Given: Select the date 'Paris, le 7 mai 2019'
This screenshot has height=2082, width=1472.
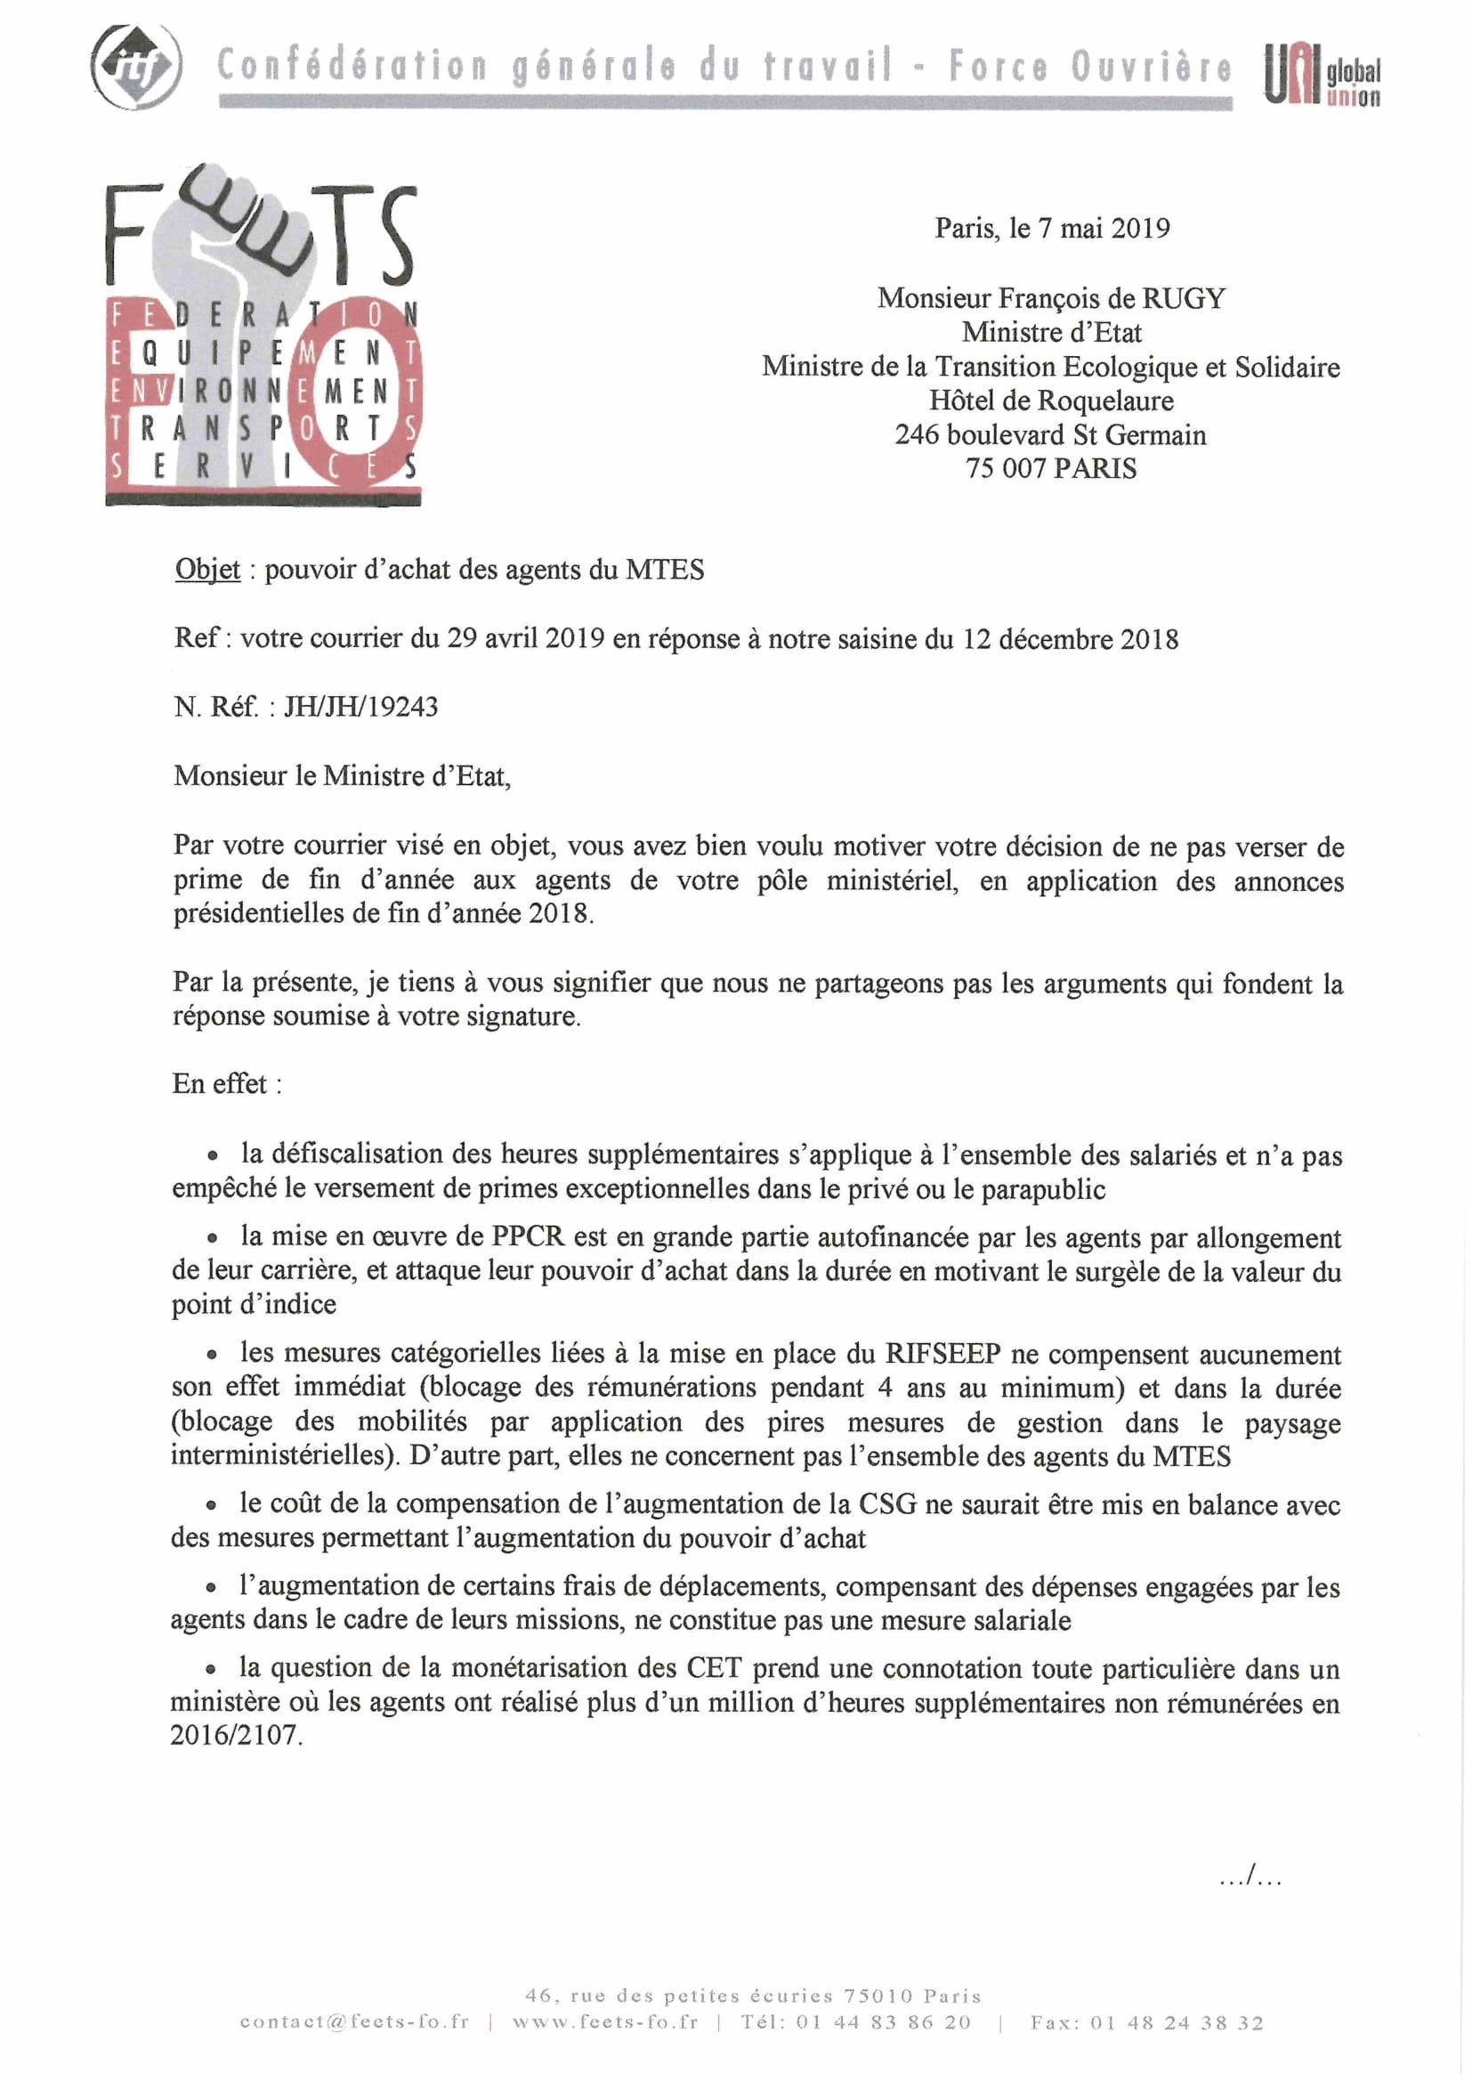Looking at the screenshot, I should coord(1051,228).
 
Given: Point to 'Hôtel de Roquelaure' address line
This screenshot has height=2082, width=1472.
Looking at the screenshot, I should coord(1051,400).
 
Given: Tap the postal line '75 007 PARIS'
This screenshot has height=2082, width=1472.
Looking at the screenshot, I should coord(1051,468).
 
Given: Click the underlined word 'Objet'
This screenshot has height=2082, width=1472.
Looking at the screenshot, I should coord(207,570).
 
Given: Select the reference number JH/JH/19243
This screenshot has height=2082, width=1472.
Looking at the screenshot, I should coord(360,707).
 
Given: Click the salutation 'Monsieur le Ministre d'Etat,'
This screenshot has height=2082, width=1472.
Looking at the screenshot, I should coord(342,775).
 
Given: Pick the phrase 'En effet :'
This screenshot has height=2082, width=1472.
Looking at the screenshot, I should coord(227,1083).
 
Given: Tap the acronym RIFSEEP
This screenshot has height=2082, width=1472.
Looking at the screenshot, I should coord(942,1354).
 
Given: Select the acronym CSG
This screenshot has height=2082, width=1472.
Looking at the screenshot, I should coord(879,1504).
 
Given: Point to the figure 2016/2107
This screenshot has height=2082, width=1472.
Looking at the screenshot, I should coord(235,1735).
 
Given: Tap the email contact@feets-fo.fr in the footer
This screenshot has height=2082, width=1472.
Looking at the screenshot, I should coord(354,2023).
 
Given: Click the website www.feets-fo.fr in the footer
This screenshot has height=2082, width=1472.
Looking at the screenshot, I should coord(604,2023).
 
